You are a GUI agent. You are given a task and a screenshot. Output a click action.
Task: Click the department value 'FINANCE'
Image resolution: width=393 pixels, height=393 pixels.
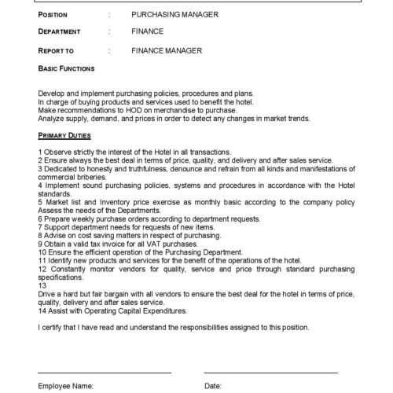pos(148,32)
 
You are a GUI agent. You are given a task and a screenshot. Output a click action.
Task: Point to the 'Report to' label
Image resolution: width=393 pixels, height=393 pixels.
pos(56,50)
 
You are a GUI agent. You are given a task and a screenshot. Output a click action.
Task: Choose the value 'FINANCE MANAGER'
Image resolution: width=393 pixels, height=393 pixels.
pos(167,50)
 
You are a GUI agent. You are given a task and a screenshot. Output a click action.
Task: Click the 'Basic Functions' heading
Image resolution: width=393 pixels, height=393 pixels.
pos(66,68)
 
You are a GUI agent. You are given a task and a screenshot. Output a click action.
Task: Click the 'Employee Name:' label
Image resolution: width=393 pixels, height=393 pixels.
pos(66,387)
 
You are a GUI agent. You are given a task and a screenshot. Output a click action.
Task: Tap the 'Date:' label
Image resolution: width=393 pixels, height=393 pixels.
pos(213,387)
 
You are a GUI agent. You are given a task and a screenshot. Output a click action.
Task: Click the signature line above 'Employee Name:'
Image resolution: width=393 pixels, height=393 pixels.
pos(104,371)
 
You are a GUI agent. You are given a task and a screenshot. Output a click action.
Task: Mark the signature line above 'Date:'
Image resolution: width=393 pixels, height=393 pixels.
pos(270,371)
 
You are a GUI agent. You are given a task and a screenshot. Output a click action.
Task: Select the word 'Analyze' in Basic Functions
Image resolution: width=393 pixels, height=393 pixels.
pos(52,119)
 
